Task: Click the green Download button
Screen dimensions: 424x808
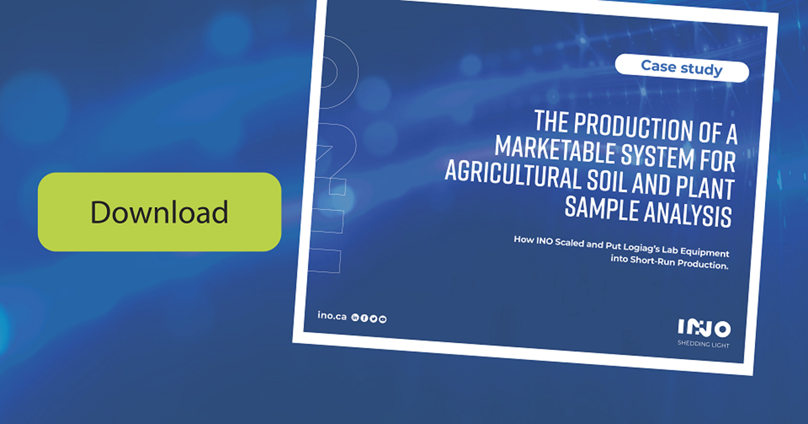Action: (x=159, y=212)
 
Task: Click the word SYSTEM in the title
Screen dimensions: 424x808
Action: (x=656, y=155)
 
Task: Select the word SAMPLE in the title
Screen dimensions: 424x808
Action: (x=596, y=206)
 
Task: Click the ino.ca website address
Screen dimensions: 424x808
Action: (x=331, y=315)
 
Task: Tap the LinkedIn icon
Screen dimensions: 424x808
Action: (x=356, y=317)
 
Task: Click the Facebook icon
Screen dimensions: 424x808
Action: (x=364, y=318)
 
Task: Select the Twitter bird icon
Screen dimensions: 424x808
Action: (x=373, y=318)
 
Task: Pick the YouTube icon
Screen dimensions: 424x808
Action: (x=382, y=319)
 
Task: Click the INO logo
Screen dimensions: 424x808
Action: (x=704, y=329)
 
